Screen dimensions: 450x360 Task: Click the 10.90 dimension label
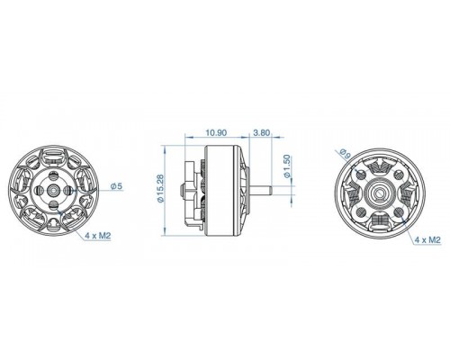(216, 132)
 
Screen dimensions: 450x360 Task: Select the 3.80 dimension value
(262, 132)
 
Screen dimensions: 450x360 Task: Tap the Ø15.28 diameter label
(161, 189)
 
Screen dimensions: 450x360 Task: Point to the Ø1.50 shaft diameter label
(287, 166)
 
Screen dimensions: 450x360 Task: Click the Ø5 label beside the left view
(116, 186)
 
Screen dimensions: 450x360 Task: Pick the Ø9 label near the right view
(346, 154)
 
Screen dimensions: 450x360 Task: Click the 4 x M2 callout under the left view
(98, 236)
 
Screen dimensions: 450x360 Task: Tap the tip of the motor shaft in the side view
(271, 190)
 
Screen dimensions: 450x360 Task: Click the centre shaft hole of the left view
(54, 190)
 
